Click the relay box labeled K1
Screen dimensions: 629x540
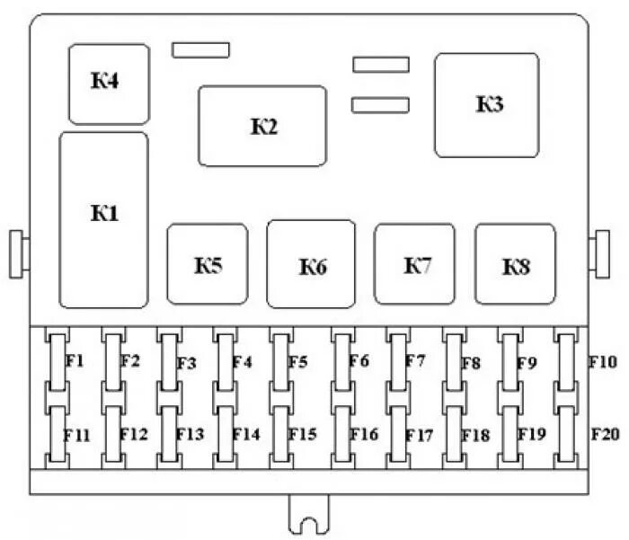[103, 220]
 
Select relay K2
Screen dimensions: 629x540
[261, 126]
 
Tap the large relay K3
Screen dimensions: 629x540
[487, 105]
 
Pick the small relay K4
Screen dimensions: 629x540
[109, 84]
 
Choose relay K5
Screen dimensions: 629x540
[207, 264]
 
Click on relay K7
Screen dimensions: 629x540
[414, 264]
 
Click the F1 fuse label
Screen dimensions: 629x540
[75, 361]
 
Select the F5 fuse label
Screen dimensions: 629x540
[298, 362]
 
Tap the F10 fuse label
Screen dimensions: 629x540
[602, 362]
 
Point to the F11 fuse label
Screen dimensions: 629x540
[77, 434]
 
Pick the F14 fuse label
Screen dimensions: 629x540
[246, 434]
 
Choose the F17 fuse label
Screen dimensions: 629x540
[419, 435]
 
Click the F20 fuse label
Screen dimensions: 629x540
[604, 434]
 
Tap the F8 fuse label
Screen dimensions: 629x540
[471, 363]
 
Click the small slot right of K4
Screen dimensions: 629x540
[202, 49]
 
